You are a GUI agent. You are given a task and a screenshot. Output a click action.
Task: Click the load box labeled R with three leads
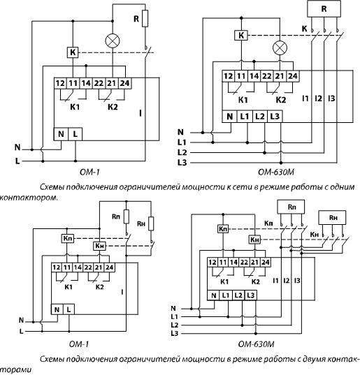[x=324, y=8]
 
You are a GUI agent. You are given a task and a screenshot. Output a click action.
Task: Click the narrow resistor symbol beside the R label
[x=145, y=18]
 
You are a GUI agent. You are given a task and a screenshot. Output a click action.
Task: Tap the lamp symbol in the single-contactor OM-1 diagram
[x=113, y=41]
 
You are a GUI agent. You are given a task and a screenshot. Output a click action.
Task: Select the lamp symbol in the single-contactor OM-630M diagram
[x=280, y=47]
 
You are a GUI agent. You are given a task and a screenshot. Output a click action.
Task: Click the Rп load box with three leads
[x=291, y=207]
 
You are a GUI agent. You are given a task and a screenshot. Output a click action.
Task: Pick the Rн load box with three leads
[x=332, y=217]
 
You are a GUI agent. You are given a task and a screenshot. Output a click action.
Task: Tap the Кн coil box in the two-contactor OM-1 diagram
[x=99, y=246]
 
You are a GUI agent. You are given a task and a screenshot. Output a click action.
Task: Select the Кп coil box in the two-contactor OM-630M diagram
[x=223, y=229]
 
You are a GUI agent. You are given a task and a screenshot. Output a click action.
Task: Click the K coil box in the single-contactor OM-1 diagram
[x=73, y=52]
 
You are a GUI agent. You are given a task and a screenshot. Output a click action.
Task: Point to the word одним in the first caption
[x=343, y=186]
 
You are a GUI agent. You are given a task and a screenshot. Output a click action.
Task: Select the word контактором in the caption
[x=29, y=198]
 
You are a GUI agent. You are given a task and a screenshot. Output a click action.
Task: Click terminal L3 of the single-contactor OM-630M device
[x=275, y=117]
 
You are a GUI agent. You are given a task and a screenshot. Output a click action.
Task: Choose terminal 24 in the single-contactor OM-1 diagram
[x=124, y=83]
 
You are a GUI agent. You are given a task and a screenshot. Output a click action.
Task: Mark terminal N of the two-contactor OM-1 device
[x=57, y=309]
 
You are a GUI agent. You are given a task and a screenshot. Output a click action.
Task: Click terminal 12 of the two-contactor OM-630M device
[x=213, y=263]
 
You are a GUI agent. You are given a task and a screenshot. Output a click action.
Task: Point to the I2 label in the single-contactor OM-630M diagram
[x=318, y=98]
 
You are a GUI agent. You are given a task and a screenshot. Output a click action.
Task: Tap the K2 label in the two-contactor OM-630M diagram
[x=256, y=281]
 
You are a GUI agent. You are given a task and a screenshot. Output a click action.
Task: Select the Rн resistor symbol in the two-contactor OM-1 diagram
[x=151, y=223]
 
